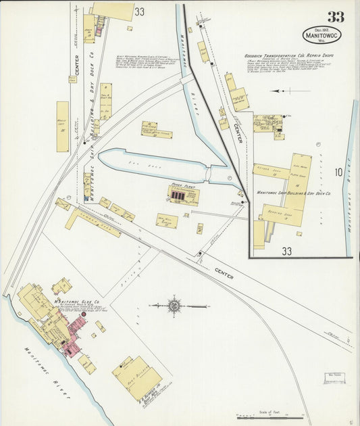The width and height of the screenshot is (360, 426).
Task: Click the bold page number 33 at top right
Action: [x=336, y=17]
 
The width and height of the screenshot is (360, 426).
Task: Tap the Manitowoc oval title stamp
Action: [x=322, y=34]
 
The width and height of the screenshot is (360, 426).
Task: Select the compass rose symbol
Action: [x=174, y=306]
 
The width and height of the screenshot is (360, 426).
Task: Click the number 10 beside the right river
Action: [x=337, y=172]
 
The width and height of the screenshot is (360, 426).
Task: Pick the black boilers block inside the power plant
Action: [x=178, y=195]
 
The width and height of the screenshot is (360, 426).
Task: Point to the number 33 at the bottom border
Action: [x=287, y=251]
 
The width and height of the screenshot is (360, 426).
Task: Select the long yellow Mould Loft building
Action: [x=63, y=126]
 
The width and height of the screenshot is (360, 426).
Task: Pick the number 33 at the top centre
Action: [x=139, y=11]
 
